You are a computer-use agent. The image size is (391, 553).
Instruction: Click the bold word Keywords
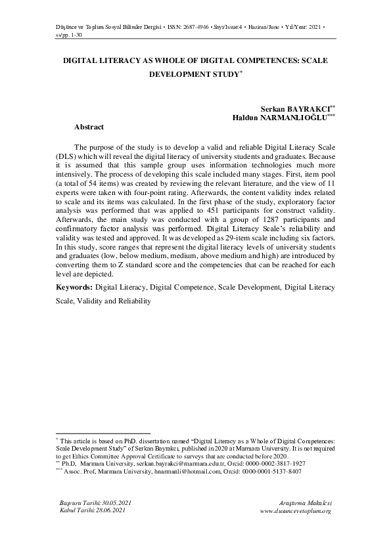click(x=74, y=288)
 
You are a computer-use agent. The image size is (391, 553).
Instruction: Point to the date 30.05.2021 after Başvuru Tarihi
click(x=116, y=502)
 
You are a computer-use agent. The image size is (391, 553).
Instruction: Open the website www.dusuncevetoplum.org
click(x=296, y=510)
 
